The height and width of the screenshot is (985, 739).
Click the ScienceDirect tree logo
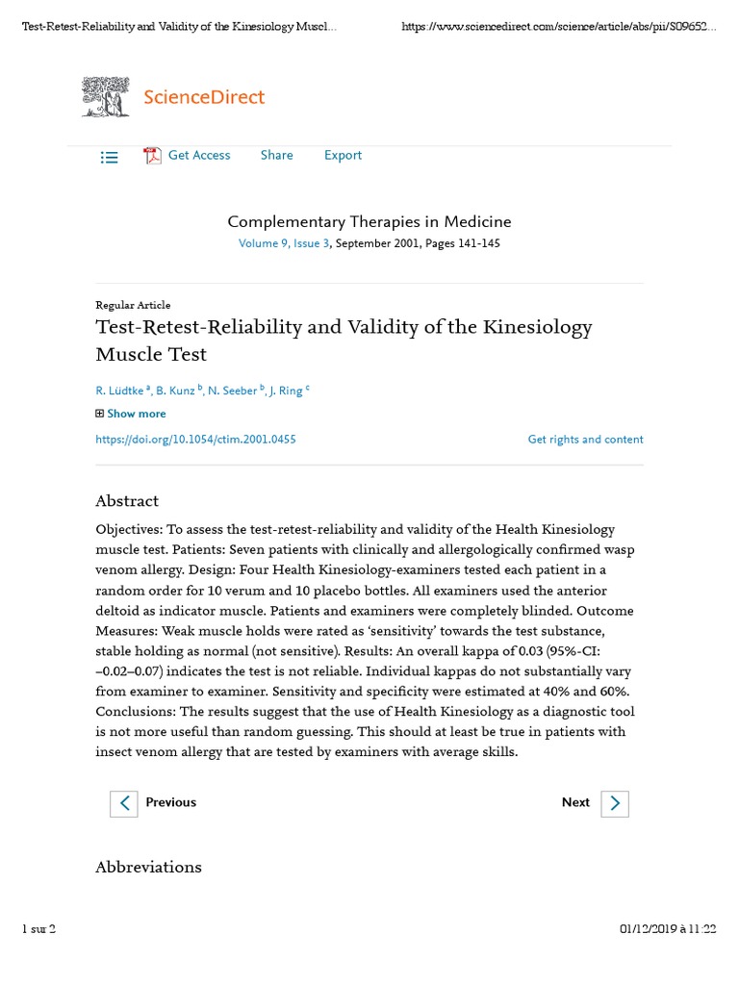pos(106,97)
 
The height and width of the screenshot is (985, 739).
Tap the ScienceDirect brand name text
pos(203,97)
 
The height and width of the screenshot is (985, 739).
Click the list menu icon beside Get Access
pos(110,157)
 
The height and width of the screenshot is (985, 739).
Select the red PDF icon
pos(152,156)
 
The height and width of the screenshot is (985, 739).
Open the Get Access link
pos(199,155)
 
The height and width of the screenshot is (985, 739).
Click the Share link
pos(276,155)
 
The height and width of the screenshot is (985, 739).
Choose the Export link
pos(343,155)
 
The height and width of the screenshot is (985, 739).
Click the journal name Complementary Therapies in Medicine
pos(369,221)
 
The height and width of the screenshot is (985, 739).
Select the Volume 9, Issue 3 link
pos(284,243)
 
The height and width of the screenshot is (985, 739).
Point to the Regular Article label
pos(133,305)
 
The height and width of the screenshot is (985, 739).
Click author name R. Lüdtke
pos(120,391)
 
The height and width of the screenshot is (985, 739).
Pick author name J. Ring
pos(287,391)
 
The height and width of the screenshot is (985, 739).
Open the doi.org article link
pos(195,440)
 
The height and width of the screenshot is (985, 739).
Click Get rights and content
pos(585,440)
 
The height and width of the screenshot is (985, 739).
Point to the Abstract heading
pos(127,501)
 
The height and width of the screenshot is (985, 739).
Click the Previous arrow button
pos(124,803)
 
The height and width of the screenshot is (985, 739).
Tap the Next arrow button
pos(615,803)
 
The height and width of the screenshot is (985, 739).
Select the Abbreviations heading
pos(148,867)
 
